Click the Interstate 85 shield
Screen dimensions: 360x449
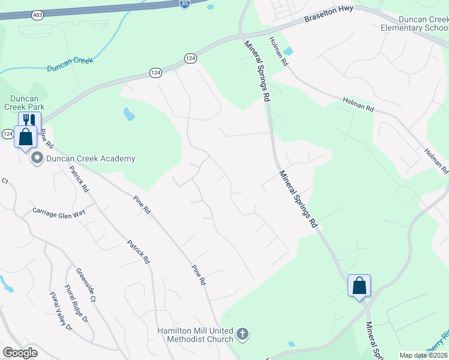point(185,4)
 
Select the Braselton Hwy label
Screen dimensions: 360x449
point(328,14)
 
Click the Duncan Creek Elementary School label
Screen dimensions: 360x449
point(414,23)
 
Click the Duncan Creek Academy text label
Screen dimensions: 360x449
point(91,159)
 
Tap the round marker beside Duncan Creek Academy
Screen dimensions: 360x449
point(37,159)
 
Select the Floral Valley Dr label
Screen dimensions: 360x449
point(61,311)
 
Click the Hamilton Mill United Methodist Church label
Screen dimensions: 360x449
point(195,335)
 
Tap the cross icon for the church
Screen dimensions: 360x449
point(243,334)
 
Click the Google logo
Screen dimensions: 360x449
point(20,353)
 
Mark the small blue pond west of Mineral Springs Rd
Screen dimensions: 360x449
point(128,113)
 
